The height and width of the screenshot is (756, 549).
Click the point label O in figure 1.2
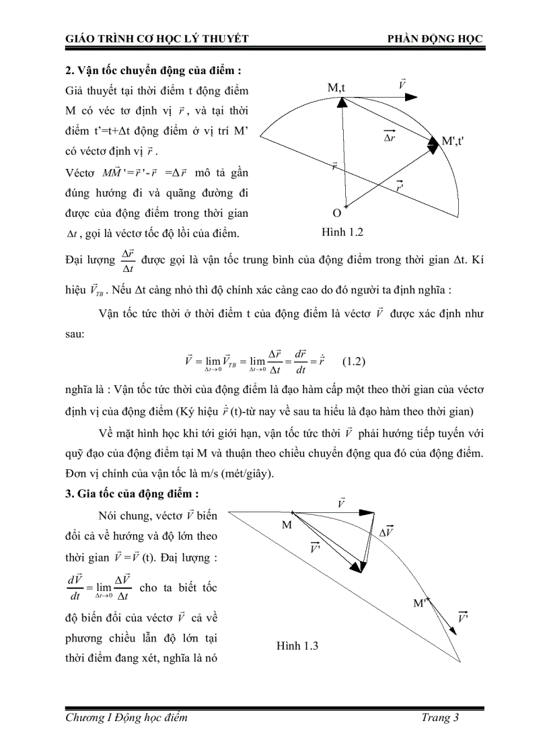337,213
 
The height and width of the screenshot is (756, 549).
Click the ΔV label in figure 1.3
386,531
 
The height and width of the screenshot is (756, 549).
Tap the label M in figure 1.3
287,524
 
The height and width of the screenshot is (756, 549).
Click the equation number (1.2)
354,362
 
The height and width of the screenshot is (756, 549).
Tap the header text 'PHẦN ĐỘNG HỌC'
435,39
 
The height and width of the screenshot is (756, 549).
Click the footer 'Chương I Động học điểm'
126,718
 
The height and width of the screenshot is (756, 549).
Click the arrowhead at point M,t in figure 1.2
341,102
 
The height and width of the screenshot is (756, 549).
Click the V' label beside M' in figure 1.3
464,617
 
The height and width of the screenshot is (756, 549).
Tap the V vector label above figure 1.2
402,85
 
